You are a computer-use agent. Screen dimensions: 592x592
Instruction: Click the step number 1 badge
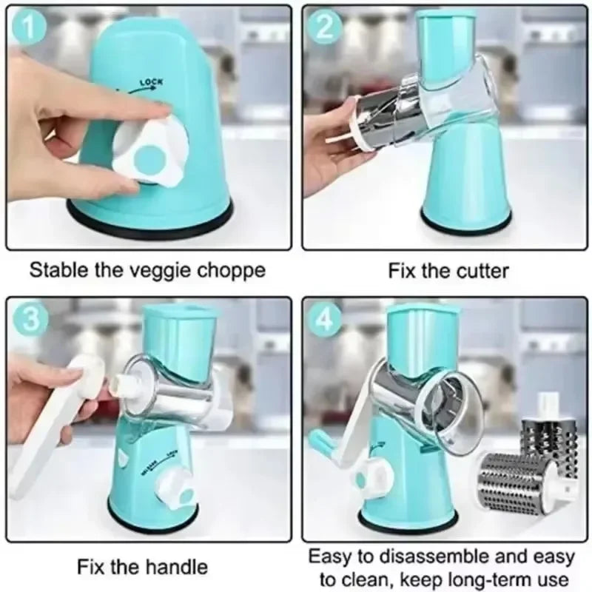coord(27,27)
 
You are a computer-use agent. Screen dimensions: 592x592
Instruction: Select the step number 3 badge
coord(27,319)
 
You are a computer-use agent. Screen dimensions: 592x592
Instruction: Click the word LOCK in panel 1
coord(152,85)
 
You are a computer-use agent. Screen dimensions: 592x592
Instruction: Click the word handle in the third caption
coord(173,568)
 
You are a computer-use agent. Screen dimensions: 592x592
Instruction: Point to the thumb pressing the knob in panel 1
coord(152,111)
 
